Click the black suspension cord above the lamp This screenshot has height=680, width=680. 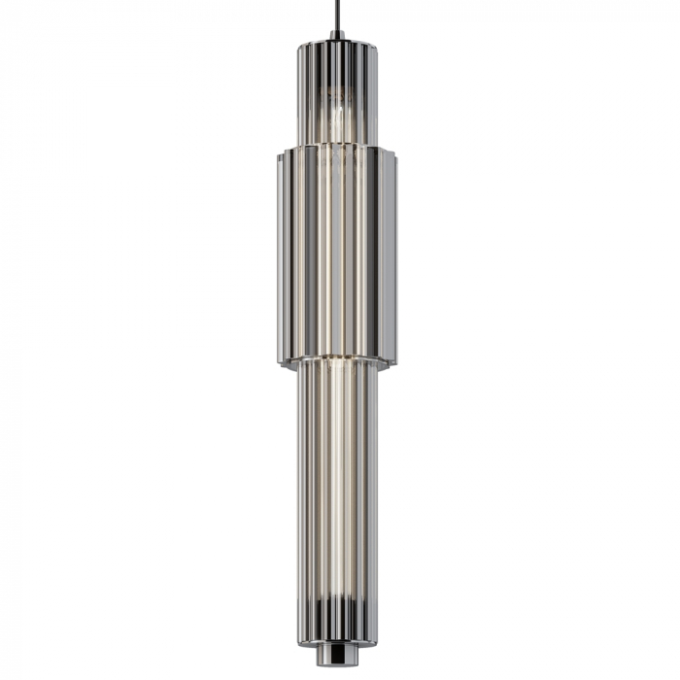click(336, 15)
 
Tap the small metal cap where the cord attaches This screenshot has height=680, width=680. click(336, 36)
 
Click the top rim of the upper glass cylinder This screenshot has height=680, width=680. click(336, 44)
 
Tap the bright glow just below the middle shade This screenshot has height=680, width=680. click(336, 364)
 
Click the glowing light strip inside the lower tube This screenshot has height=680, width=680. click(336, 486)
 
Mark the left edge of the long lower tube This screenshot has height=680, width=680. click(298, 486)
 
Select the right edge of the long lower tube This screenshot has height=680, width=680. click(376, 486)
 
